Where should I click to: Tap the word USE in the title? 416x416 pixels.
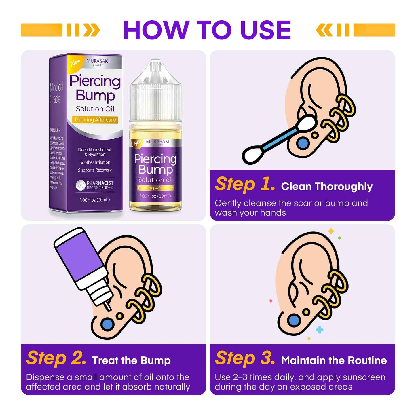click(265, 30)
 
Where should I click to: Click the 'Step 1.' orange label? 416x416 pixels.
click(245, 184)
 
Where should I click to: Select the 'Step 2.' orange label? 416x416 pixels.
click(56, 358)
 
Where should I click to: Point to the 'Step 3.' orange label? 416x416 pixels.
click(245, 358)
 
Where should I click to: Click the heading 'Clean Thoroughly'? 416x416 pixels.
click(327, 187)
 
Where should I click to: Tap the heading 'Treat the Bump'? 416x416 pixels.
click(131, 360)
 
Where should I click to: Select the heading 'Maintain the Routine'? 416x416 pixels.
click(334, 360)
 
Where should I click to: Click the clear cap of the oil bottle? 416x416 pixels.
click(155, 92)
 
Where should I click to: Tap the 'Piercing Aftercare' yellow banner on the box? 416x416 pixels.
click(95, 120)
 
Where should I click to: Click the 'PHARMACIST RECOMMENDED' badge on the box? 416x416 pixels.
click(95, 185)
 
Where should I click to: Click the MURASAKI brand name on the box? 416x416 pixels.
click(98, 61)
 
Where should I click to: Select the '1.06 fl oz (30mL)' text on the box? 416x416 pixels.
click(95, 200)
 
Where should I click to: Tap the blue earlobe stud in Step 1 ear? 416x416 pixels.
click(303, 143)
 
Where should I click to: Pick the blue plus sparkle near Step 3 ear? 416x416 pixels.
click(320, 330)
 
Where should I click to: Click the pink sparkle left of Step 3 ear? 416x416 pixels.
click(271, 301)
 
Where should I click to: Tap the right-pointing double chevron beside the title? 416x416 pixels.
click(92, 30)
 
